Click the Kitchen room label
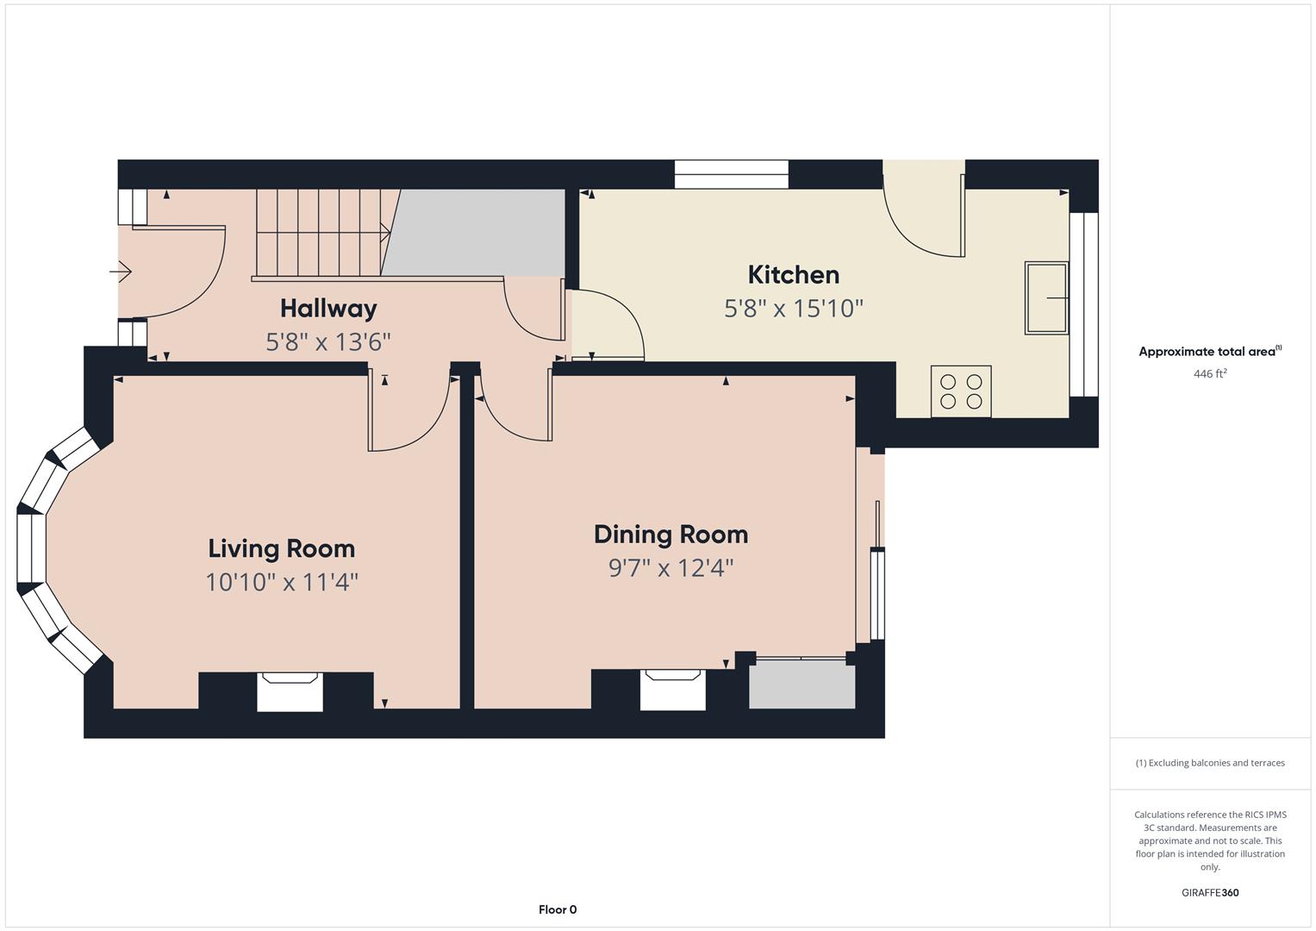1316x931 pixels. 793,275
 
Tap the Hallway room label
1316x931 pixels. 328,309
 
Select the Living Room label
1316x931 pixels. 282,549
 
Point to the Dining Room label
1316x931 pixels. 670,534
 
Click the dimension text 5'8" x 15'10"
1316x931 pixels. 793,308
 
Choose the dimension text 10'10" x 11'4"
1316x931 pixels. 282,583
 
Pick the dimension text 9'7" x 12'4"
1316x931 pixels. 670,568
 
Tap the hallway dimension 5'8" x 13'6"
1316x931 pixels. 327,341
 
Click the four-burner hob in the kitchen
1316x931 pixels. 961,391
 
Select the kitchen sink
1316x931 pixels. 1046,298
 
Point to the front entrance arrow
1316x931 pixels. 121,272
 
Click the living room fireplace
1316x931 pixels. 290,691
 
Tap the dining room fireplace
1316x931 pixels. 673,690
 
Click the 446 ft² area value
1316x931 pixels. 1210,373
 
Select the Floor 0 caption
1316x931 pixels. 558,909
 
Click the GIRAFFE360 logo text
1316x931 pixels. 1210,892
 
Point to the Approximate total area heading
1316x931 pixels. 1210,352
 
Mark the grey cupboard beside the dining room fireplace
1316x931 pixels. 802,684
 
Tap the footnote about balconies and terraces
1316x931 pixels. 1210,763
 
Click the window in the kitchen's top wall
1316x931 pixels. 732,174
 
